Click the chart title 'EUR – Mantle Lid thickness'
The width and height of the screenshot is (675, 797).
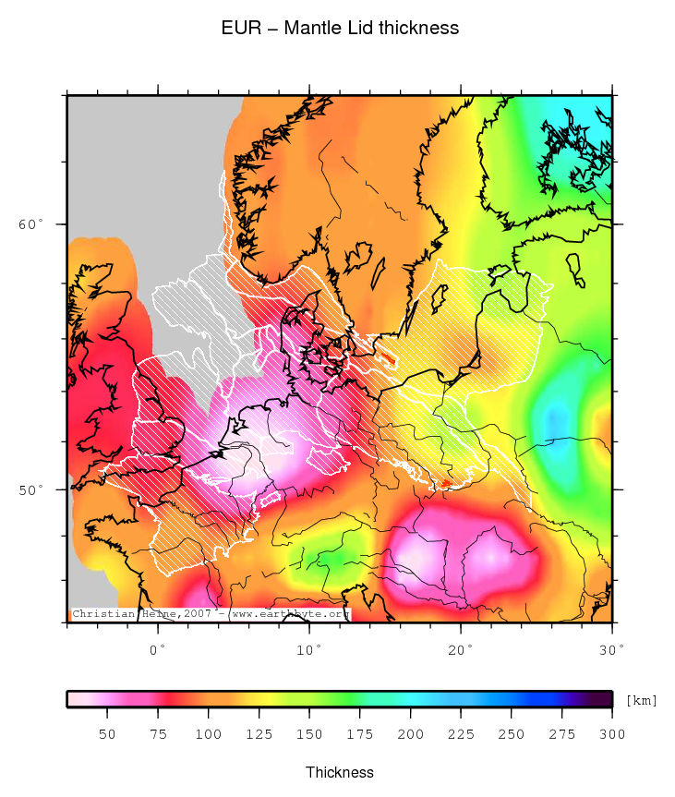340,28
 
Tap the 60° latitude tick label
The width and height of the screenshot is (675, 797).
31,224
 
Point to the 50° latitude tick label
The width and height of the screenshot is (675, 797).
31,489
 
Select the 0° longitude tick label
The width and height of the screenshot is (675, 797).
158,651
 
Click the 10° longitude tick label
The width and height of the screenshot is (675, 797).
309,651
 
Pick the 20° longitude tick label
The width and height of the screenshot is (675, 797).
461,651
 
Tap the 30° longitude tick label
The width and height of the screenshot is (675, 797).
611,651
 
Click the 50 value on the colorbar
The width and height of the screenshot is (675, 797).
107,734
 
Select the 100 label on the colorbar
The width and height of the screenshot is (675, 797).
208,734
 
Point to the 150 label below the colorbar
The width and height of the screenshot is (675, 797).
309,734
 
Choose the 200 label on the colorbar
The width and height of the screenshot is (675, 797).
410,734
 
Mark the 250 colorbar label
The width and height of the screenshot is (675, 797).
511,734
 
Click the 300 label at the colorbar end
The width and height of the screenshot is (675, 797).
611,734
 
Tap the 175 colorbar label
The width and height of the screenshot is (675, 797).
359,734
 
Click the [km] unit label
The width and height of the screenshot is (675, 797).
641,700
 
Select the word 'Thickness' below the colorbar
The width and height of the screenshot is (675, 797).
340,772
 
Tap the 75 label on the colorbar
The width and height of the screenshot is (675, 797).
158,734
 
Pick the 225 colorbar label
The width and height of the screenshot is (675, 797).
461,734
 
